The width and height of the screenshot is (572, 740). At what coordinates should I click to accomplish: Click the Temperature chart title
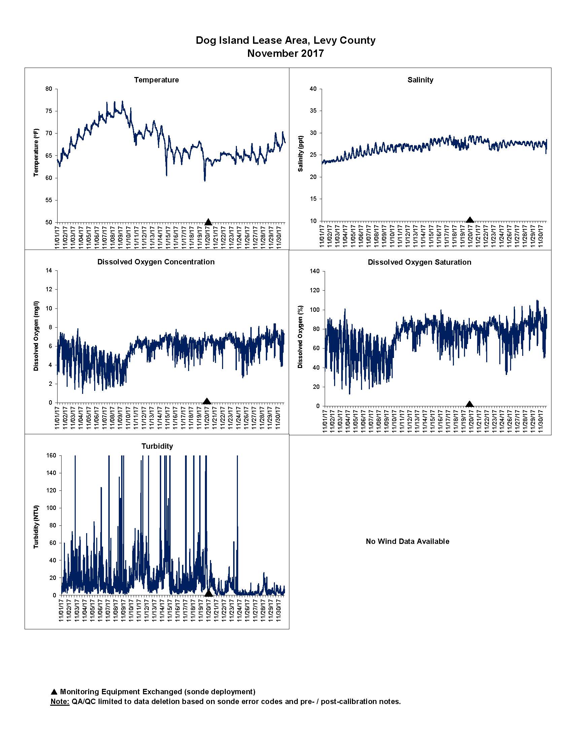point(156,80)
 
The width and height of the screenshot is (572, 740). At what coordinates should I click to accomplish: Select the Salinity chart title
point(420,80)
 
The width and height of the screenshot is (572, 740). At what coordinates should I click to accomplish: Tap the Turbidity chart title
point(157,446)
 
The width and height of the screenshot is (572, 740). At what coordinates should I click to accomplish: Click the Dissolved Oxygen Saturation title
point(420,262)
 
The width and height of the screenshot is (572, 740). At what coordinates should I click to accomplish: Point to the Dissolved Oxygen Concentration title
point(156,262)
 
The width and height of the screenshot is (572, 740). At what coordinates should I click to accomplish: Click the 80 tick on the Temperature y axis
point(49,89)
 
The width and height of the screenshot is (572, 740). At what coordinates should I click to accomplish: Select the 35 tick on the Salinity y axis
point(313,111)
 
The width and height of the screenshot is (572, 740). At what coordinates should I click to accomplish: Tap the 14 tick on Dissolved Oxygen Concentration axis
point(49,270)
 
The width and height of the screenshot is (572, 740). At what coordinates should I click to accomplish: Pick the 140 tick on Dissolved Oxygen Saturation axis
point(315,271)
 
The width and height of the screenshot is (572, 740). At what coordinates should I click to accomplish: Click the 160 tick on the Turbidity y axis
point(51,456)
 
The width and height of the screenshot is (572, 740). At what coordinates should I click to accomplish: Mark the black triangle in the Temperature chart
point(208,222)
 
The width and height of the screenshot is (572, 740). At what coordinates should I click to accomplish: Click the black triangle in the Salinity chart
point(470,220)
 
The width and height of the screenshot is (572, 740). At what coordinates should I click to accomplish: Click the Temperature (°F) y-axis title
point(36,152)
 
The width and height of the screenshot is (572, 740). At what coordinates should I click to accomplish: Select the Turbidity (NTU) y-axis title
point(36,527)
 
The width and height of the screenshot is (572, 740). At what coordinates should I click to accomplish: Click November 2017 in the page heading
point(285,53)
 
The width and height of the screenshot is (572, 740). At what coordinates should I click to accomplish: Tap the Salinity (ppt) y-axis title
point(300,154)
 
